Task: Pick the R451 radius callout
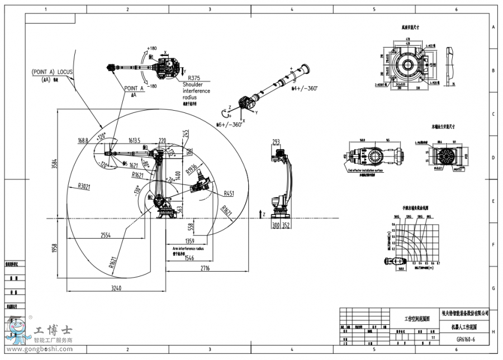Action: coord(229,193)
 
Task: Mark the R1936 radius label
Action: coord(191,169)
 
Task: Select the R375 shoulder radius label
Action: coord(194,78)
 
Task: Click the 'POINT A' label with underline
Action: coord(134,88)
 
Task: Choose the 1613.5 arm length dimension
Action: coord(134,141)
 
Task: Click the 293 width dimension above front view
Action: coord(276,141)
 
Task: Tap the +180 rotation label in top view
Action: coord(151,49)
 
